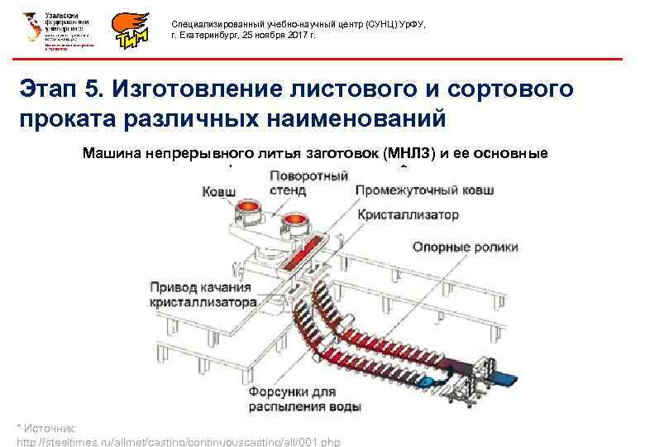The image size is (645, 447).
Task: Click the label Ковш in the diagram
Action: pyautogui.click(x=219, y=192)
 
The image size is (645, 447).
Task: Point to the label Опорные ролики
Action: pyautogui.click(x=466, y=247)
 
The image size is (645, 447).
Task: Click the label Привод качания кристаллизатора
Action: pyautogui.click(x=201, y=295)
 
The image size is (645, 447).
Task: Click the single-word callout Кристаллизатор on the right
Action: pyautogui.click(x=408, y=214)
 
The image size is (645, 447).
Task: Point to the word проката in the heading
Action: pyautogui.click(x=75, y=118)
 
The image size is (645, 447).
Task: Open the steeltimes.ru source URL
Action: pyautogui.click(x=178, y=441)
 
